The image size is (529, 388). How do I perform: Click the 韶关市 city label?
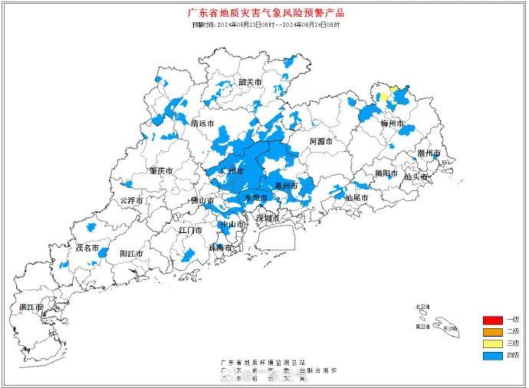(250, 82)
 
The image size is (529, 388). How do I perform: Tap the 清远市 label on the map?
(203, 122)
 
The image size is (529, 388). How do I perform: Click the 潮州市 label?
(429, 153)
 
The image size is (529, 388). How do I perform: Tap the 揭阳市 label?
(386, 174)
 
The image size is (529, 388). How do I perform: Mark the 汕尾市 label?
(357, 198)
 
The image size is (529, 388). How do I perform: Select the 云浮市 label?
(132, 200)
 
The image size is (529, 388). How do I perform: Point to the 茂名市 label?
(87, 248)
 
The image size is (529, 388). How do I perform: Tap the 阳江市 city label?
(132, 253)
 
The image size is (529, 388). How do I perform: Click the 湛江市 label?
(31, 307)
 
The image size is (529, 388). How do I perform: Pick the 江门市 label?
(190, 230)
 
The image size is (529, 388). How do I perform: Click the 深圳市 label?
(268, 218)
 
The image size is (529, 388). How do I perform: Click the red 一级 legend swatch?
(491, 319)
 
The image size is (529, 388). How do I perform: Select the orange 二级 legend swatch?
(491, 331)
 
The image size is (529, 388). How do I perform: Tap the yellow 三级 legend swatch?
(491, 343)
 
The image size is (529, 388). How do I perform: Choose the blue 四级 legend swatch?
(491, 355)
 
